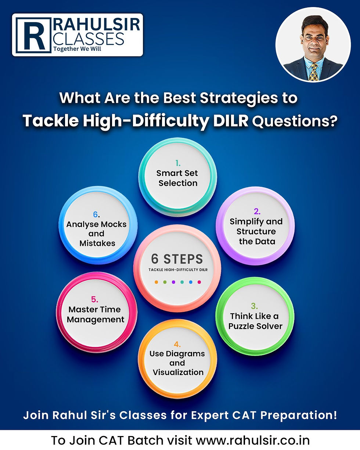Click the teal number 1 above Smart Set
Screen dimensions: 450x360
177,162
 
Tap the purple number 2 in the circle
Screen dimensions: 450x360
257,211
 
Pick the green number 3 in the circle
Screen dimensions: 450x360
254,306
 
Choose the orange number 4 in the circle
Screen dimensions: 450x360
177,344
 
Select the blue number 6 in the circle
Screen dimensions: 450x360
95,214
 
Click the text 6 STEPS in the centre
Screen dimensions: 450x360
177,259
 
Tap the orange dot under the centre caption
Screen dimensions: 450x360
156,282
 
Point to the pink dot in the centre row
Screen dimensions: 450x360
199,282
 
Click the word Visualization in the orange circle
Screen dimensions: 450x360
178,372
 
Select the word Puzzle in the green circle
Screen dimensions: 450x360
245,326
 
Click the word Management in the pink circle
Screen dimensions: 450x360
96,320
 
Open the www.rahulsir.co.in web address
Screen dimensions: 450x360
252,440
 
